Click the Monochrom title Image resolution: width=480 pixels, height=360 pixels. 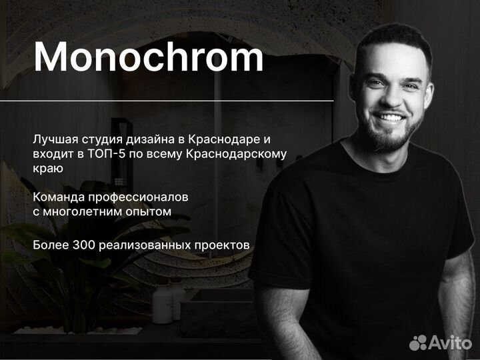[x=149, y=57]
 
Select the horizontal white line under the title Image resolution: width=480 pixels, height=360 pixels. [x=167, y=101]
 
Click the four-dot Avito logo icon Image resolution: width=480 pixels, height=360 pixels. [x=418, y=343]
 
